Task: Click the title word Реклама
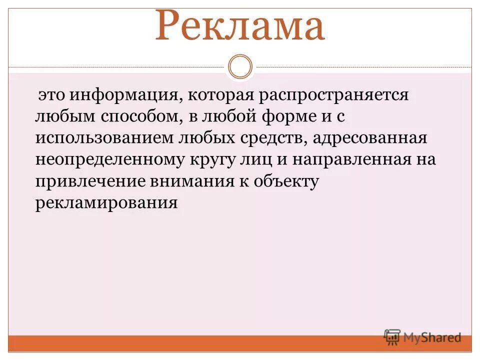point(240,26)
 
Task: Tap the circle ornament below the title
point(240,66)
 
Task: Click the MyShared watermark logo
point(422,337)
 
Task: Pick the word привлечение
point(89,182)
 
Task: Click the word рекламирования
point(106,203)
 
